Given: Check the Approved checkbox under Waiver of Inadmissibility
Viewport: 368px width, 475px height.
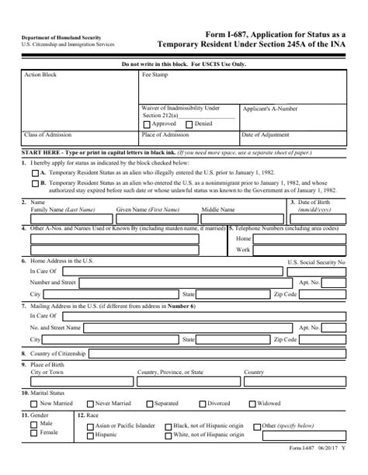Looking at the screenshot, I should pyautogui.click(x=148, y=124).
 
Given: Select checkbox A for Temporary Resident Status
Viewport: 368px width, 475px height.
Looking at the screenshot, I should pyautogui.click(x=34, y=172).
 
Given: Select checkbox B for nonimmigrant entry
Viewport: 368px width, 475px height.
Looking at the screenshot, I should pyautogui.click(x=34, y=185).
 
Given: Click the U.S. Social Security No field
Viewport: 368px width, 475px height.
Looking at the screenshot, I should pyautogui.click(x=315, y=272).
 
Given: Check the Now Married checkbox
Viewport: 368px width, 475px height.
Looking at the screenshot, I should pyautogui.click(x=33, y=404).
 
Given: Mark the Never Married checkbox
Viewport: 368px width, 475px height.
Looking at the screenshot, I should pyautogui.click(x=90, y=404).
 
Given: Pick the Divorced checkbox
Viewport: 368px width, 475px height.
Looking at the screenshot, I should pyautogui.click(x=203, y=404).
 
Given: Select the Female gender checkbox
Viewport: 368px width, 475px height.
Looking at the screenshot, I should pyautogui.click(x=33, y=433).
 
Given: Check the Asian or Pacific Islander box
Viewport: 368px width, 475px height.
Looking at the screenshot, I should pyautogui.click(x=90, y=426).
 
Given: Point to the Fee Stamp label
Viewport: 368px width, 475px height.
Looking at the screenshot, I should pyautogui.click(x=155, y=75).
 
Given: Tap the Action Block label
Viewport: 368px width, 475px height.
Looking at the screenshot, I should pyautogui.click(x=41, y=75).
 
